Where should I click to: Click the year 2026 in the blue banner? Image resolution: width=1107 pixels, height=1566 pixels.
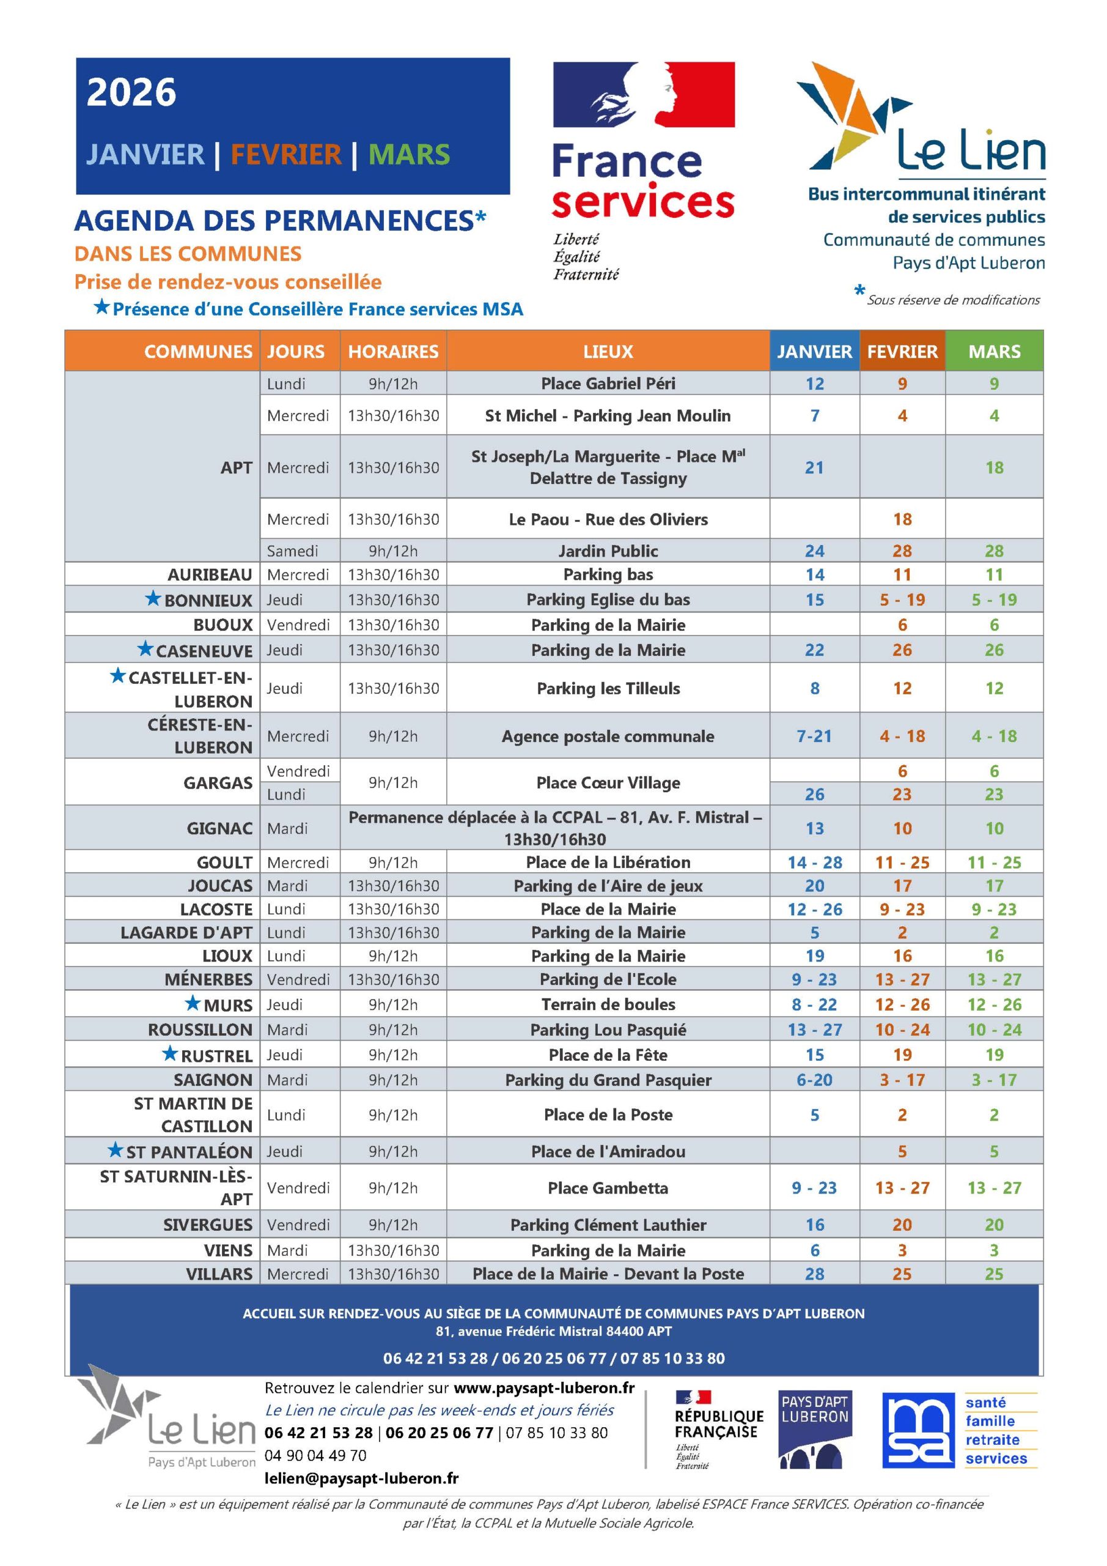coord(131,92)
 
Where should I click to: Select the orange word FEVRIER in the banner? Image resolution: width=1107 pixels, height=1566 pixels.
coord(285,154)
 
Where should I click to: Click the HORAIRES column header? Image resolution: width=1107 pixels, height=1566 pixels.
coord(392,351)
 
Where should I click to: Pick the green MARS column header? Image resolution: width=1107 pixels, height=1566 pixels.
coord(994,351)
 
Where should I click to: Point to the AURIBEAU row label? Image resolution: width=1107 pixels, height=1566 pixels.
coord(209,574)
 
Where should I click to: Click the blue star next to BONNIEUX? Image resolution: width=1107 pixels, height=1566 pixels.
coord(153,598)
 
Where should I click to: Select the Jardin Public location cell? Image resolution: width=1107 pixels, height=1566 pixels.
coord(608,551)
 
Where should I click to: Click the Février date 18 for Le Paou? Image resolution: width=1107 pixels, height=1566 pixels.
coord(902,519)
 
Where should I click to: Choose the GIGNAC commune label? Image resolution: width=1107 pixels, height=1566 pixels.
coord(219,828)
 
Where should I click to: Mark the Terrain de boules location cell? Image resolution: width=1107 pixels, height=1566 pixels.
coord(608,1004)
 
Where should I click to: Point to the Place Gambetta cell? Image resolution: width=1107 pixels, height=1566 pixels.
coord(608,1187)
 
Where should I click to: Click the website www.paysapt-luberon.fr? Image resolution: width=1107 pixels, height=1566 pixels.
coord(544,1387)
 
